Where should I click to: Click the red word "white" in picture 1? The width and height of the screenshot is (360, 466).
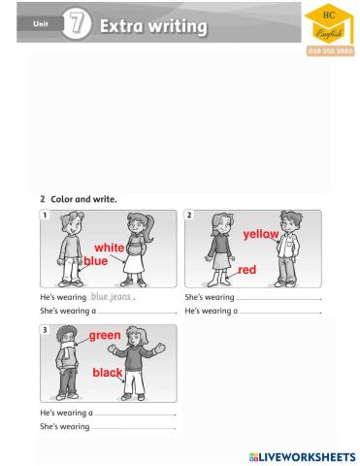tap(110, 248)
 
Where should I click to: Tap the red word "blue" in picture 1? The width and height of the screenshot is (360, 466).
tap(96, 261)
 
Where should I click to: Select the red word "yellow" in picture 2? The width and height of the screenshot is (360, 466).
tap(261, 234)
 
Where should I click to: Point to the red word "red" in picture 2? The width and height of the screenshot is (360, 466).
tap(247, 270)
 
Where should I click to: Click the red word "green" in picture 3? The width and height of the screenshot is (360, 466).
tap(105, 336)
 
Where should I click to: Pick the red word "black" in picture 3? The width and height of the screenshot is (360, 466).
tap(108, 373)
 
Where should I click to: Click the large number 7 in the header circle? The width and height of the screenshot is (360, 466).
tap(77, 23)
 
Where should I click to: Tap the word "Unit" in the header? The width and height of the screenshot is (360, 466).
tap(41, 23)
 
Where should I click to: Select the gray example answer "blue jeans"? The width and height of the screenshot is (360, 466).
tap(111, 296)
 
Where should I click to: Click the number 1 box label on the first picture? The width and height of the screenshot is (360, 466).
tap(45, 215)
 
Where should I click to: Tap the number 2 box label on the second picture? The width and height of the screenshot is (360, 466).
tap(189, 215)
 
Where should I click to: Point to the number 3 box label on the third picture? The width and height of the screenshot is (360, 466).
tap(45, 330)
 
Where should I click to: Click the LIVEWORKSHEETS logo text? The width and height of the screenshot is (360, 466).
tap(303, 457)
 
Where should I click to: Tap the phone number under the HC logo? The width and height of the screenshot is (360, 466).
tap(330, 50)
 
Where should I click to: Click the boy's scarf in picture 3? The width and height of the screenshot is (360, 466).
tap(67, 349)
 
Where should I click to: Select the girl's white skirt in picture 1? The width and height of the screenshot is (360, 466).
tap(134, 263)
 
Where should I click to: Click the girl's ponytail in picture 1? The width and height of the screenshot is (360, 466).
tap(149, 229)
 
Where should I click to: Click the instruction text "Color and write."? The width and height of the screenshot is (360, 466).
tap(83, 199)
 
